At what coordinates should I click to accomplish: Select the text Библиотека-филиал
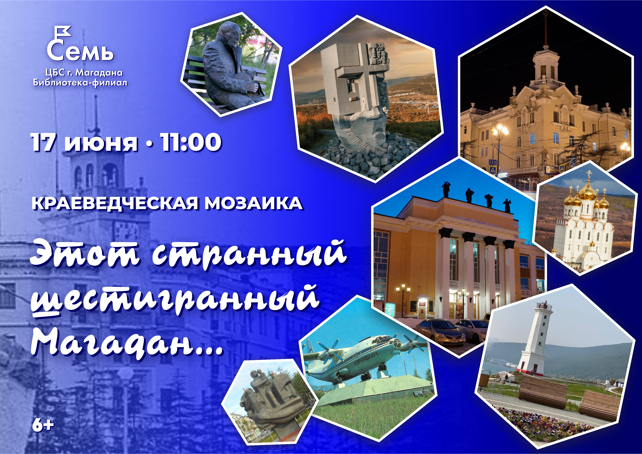coord(80,83)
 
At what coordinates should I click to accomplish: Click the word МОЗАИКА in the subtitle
coord(254,203)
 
